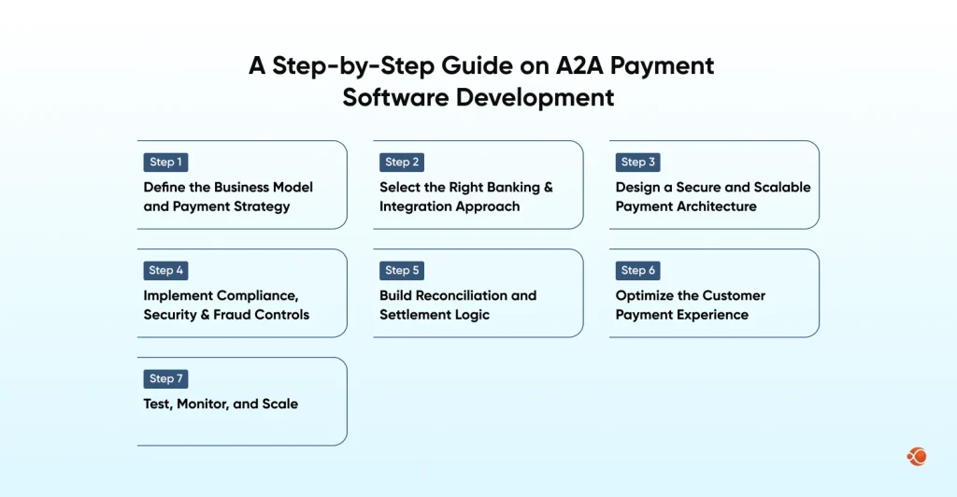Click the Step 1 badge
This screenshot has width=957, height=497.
pyautogui.click(x=166, y=162)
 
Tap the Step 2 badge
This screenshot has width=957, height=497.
pyautogui.click(x=403, y=162)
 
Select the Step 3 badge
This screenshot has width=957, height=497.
pyautogui.click(x=638, y=162)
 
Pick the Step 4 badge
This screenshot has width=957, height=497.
pyautogui.click(x=166, y=270)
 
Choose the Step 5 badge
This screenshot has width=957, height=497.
pyautogui.click(x=403, y=270)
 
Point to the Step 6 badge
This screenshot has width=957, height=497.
pyautogui.click(x=638, y=270)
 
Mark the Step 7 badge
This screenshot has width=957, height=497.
pyautogui.click(x=166, y=378)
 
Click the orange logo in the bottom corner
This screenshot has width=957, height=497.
pyautogui.click(x=916, y=457)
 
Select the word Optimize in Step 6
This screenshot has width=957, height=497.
pyautogui.click(x=646, y=295)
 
